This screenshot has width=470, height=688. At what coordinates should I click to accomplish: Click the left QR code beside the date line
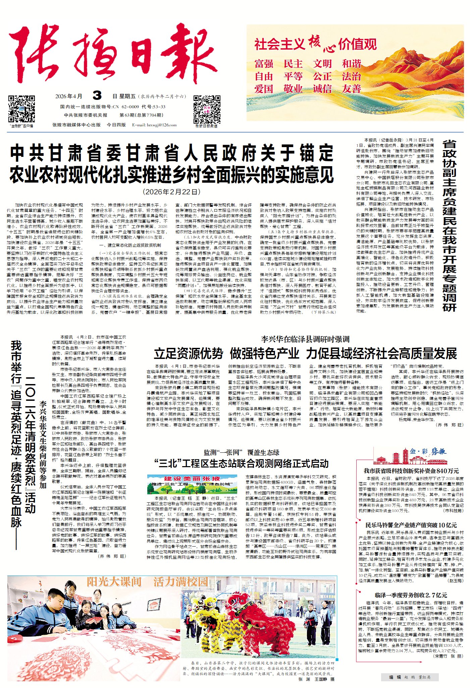point(21,109)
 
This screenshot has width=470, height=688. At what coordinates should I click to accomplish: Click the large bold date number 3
point(97,96)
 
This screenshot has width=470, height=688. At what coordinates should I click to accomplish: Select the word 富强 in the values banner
point(264,64)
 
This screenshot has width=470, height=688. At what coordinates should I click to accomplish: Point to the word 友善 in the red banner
point(351,89)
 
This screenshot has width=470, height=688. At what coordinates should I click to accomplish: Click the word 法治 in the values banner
point(351,76)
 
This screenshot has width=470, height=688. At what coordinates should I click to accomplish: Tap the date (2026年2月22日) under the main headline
point(172,192)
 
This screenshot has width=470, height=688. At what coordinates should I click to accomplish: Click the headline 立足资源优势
point(189,354)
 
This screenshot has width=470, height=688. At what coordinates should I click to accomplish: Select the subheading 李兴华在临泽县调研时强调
point(305,339)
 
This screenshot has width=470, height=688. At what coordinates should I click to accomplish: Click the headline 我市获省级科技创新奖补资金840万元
point(411,471)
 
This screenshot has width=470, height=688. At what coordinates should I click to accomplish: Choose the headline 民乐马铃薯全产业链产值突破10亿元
point(411,525)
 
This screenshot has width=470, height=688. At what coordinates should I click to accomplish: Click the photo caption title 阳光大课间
point(114,582)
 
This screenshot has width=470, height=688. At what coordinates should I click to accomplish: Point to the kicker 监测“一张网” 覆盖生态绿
point(242,452)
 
